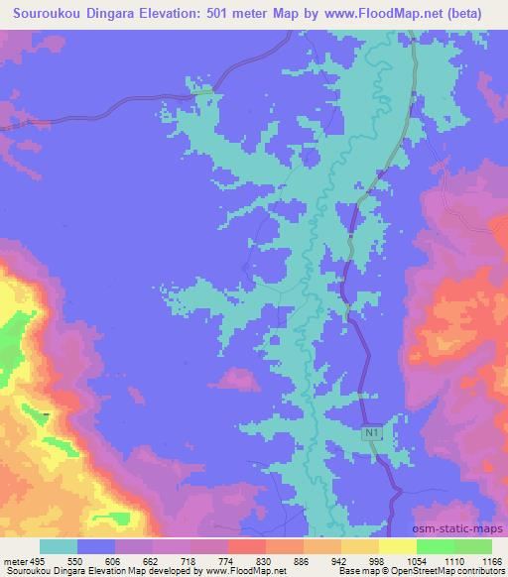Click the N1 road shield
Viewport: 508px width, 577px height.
(x=371, y=433)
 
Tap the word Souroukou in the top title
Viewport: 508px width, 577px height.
(x=51, y=14)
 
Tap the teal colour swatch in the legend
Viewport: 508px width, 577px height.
(x=59, y=546)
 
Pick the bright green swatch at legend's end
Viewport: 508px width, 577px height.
(x=472, y=546)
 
